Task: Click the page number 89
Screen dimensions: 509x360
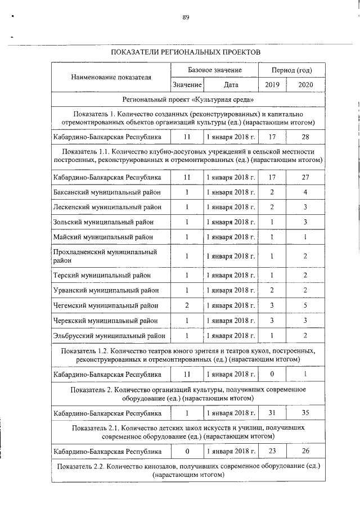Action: [186, 17]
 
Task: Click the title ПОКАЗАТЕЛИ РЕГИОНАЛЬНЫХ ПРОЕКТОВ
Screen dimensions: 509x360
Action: [186, 51]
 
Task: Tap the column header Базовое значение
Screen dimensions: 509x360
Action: [214, 70]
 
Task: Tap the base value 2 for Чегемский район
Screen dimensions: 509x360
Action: [187, 305]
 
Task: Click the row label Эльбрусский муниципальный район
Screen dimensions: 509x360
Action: [109, 336]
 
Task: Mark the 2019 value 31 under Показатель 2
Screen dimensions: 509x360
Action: [272, 413]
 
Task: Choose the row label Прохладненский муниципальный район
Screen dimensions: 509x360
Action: [105, 256]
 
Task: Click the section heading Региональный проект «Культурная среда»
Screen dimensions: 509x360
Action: [186, 100]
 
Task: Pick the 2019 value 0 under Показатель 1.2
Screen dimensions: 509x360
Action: [272, 374]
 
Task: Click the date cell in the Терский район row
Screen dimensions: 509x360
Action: [231, 275]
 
